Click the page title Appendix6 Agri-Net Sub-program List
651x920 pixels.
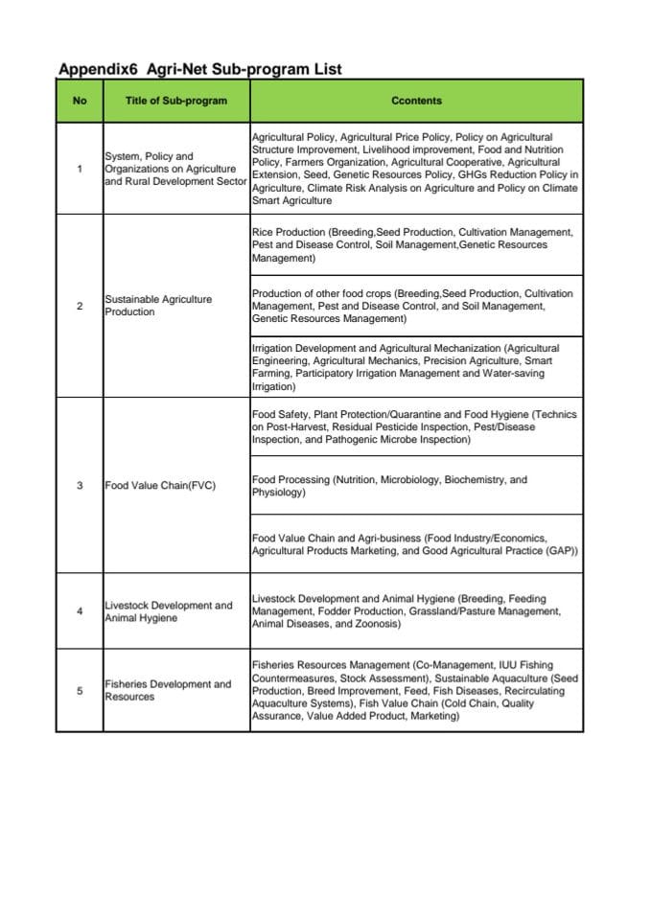(x=199, y=69)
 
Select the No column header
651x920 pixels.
(x=80, y=101)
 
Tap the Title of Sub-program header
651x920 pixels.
(x=176, y=101)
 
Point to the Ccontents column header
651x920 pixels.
(x=416, y=101)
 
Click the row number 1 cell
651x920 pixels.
(x=80, y=169)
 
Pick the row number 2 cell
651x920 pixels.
(x=80, y=306)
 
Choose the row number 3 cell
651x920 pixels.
(x=80, y=485)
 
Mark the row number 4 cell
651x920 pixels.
(x=80, y=611)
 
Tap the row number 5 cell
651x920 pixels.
(x=80, y=690)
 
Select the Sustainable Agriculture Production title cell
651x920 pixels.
(x=158, y=306)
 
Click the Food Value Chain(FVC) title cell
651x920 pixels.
(x=160, y=485)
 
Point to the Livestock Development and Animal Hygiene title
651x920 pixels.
(x=168, y=611)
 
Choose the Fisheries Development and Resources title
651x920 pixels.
(x=168, y=690)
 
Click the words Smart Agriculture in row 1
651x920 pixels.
(x=292, y=201)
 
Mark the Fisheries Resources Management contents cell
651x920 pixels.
(x=415, y=691)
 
